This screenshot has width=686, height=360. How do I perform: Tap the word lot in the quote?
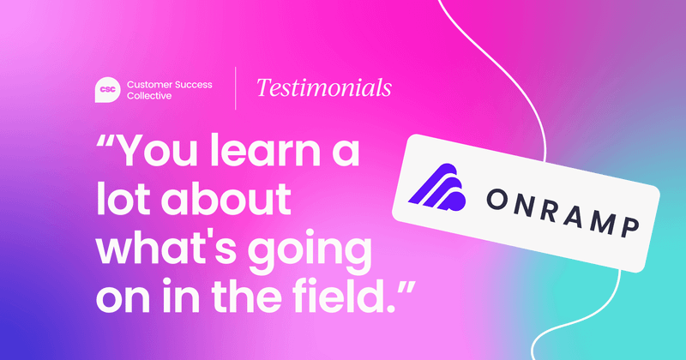coord(125,199)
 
